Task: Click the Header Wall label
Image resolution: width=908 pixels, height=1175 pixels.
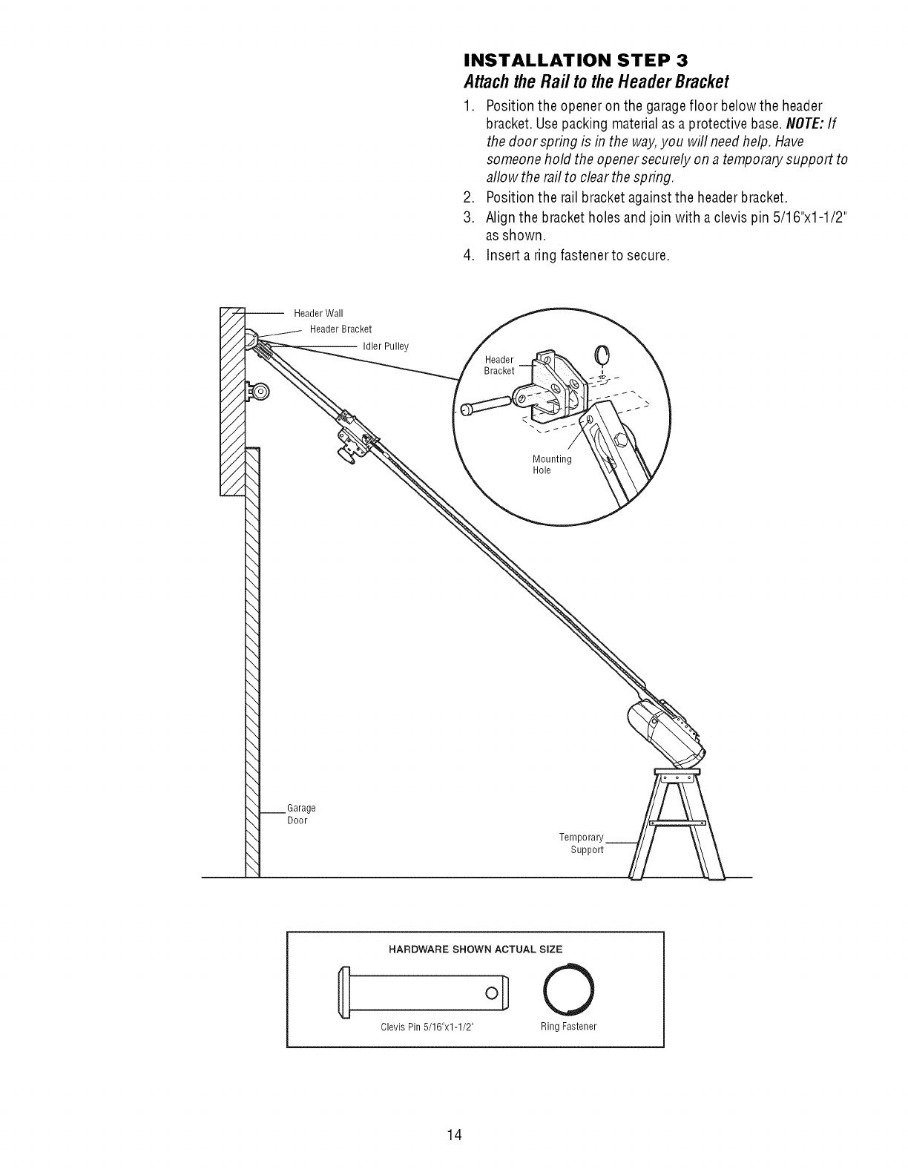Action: [318, 312]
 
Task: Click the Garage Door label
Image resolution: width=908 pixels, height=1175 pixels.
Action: [300, 814]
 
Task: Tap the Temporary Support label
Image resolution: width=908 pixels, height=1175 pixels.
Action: [582, 843]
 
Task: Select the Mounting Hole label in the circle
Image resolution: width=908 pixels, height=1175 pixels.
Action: [551, 464]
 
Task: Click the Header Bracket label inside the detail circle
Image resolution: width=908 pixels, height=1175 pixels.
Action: [499, 365]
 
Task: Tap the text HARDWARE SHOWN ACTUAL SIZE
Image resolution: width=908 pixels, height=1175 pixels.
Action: [475, 949]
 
